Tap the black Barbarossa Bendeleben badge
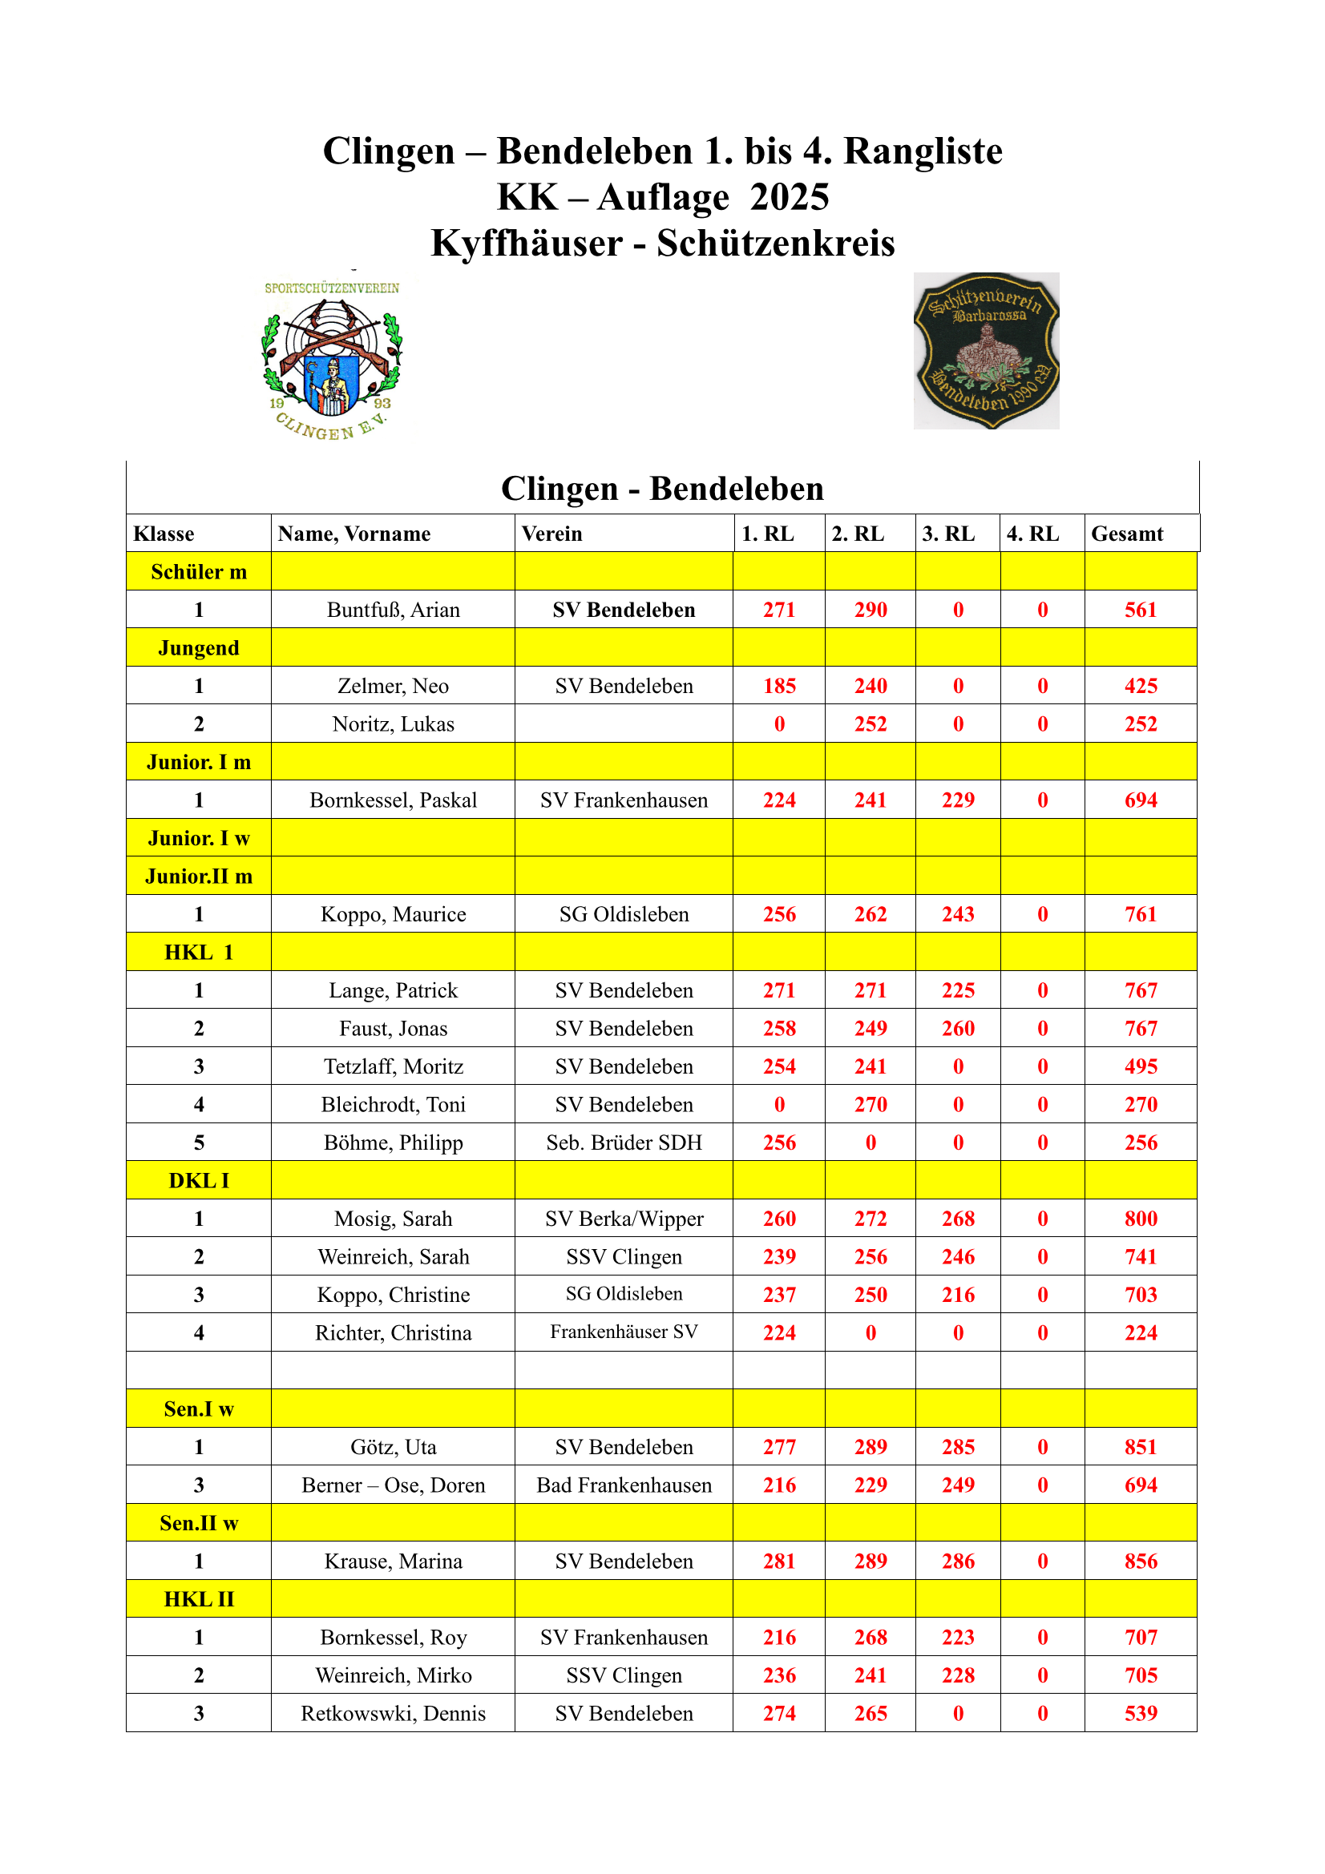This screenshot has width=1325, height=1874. tap(985, 351)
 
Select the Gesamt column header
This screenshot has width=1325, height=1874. tap(1127, 534)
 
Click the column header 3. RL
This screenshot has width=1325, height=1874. tap(947, 534)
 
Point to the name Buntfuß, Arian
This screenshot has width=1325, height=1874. tap(393, 610)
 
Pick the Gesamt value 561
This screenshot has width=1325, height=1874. tap(1141, 610)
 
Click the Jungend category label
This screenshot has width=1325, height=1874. tap(198, 648)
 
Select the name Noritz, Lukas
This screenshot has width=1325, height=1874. tap(393, 724)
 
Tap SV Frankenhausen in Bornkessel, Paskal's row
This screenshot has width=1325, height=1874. tap(624, 800)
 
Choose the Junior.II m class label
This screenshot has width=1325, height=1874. tap(198, 877)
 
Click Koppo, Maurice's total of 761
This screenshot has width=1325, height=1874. tap(1141, 914)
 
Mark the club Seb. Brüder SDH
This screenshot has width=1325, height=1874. tap(624, 1143)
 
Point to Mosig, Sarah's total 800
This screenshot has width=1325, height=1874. tap(1141, 1219)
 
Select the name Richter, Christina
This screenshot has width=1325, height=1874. tap(393, 1333)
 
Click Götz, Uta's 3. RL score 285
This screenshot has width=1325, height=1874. tap(958, 1447)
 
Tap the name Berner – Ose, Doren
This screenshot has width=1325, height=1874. tap(393, 1485)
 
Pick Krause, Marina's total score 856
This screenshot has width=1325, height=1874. tap(1141, 1562)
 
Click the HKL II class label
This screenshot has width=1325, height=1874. tap(198, 1600)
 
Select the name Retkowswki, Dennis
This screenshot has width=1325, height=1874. tap(393, 1714)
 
